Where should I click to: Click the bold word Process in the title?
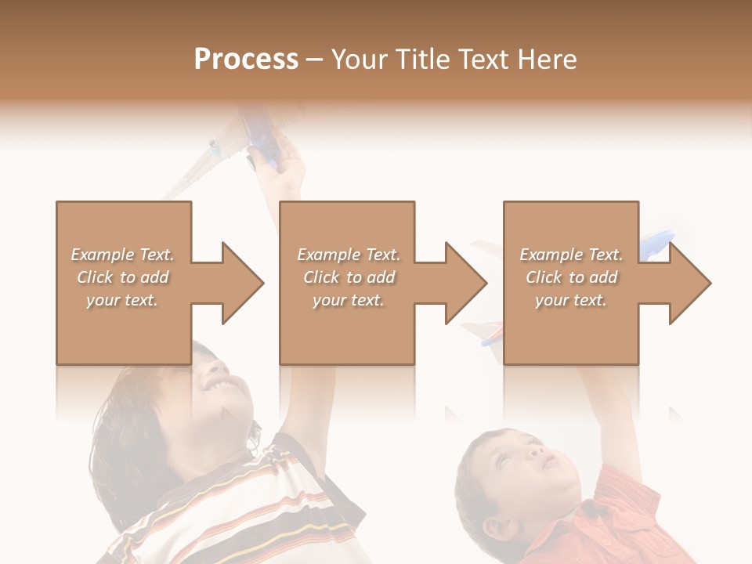tap(246, 60)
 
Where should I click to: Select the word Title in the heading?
tap(423, 60)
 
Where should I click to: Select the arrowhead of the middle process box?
tap(465, 283)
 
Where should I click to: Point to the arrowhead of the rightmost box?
tap(689, 283)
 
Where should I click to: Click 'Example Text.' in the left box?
tap(123, 255)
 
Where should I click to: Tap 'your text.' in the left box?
tap(123, 300)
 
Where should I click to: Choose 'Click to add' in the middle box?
tap(349, 277)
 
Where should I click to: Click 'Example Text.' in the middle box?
tap(349, 255)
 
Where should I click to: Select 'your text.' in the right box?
tap(571, 300)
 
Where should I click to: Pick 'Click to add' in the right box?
tap(571, 277)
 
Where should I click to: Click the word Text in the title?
tap(483, 60)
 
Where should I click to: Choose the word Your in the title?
tap(358, 60)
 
